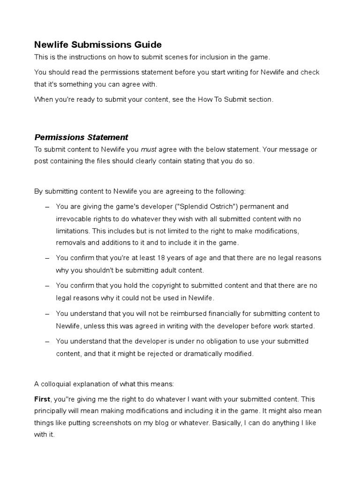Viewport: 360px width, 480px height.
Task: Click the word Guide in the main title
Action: [x=146, y=45]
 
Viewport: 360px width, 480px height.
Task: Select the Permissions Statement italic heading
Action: [x=81, y=137]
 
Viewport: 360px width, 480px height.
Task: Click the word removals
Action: [x=70, y=243]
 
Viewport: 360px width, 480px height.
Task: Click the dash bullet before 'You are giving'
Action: [x=47, y=207]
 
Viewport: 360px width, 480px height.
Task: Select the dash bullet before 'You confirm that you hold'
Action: [x=47, y=286]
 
